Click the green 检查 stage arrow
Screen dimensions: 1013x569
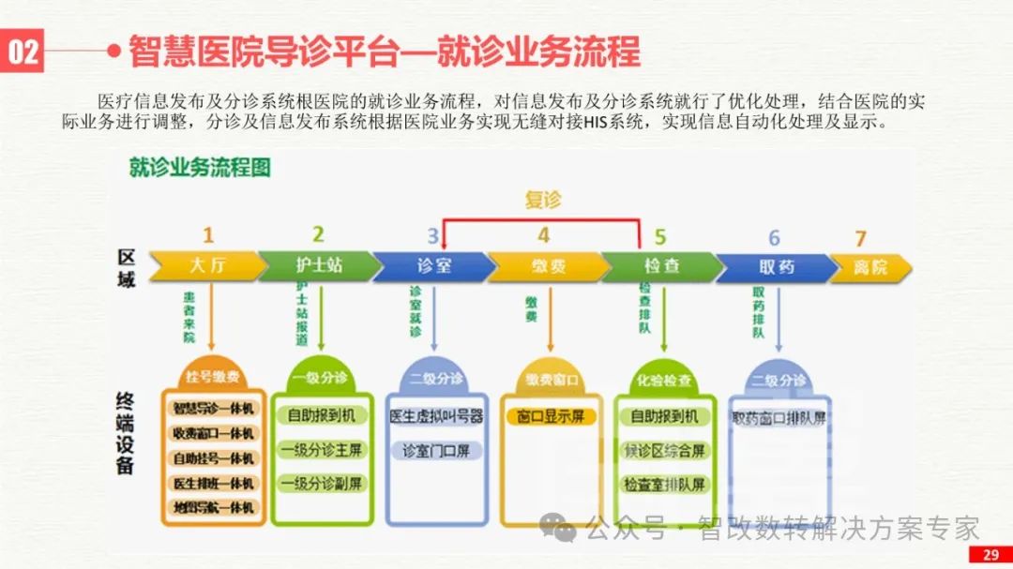point(661,266)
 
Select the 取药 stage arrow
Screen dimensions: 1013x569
point(776,266)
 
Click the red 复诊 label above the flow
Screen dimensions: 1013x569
point(542,200)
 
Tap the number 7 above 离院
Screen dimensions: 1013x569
point(860,238)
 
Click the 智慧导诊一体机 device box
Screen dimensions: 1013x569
point(214,409)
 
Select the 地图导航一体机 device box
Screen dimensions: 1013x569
point(214,507)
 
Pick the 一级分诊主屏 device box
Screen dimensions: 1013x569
point(322,450)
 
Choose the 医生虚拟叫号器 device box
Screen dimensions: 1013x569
point(436,416)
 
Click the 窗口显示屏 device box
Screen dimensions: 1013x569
point(551,416)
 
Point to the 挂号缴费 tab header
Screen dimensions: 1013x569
point(213,377)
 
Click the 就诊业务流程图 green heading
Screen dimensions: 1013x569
point(200,168)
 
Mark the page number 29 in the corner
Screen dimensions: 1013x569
point(990,555)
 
